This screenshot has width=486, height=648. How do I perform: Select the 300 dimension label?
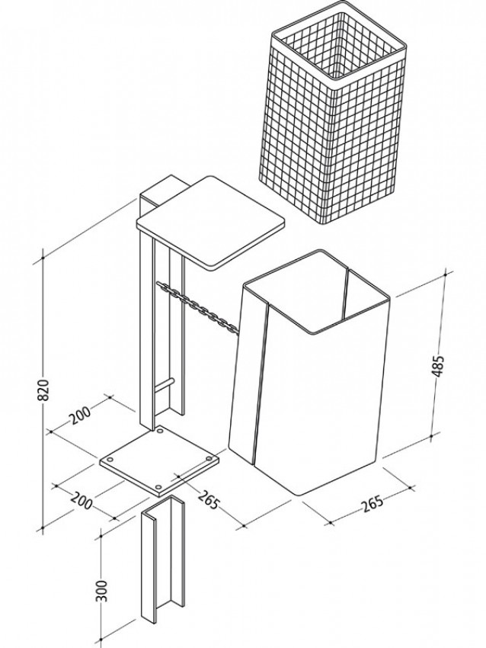102,591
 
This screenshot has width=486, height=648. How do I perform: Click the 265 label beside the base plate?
208,499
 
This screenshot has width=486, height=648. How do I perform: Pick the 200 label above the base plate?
80,415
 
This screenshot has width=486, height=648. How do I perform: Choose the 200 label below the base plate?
82,501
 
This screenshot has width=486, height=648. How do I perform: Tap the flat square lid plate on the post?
210,223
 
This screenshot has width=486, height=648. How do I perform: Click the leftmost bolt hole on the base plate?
110,460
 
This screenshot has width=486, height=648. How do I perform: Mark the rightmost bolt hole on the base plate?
209,459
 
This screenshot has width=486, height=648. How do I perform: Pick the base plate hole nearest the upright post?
160,431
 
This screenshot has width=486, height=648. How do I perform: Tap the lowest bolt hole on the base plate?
159,487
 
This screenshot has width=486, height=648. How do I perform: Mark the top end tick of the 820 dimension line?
43,258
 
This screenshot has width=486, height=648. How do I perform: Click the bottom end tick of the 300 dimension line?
101,640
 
